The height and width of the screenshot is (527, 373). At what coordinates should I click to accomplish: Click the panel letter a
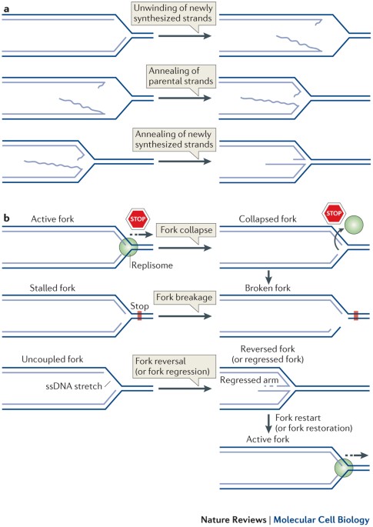pos(6,9)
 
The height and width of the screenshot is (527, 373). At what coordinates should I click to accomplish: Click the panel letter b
pos(6,218)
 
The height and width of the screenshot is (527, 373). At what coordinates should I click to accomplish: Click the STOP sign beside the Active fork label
pos(138,219)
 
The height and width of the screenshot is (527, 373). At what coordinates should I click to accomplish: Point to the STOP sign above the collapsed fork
pos(334,213)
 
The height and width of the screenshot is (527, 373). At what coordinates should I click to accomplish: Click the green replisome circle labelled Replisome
pos(128,247)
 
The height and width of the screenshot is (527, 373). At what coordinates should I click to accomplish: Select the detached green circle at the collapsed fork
pos(354,225)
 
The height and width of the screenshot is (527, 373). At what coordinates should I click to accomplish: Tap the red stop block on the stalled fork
pos(139,315)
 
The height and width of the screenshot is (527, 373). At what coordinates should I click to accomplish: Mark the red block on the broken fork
pos(356,315)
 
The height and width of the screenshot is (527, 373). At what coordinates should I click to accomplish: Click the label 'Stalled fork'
pos(52,288)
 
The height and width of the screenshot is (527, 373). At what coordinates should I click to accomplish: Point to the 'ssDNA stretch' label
pos(74,386)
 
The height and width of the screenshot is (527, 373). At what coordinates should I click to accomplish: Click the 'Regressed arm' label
pos(249,380)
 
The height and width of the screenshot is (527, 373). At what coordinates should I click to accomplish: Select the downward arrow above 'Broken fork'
pos(268,277)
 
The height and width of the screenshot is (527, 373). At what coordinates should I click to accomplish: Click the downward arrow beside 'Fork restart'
pos(268,424)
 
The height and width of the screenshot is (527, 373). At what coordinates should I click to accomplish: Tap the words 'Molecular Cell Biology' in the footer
pos(321,519)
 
